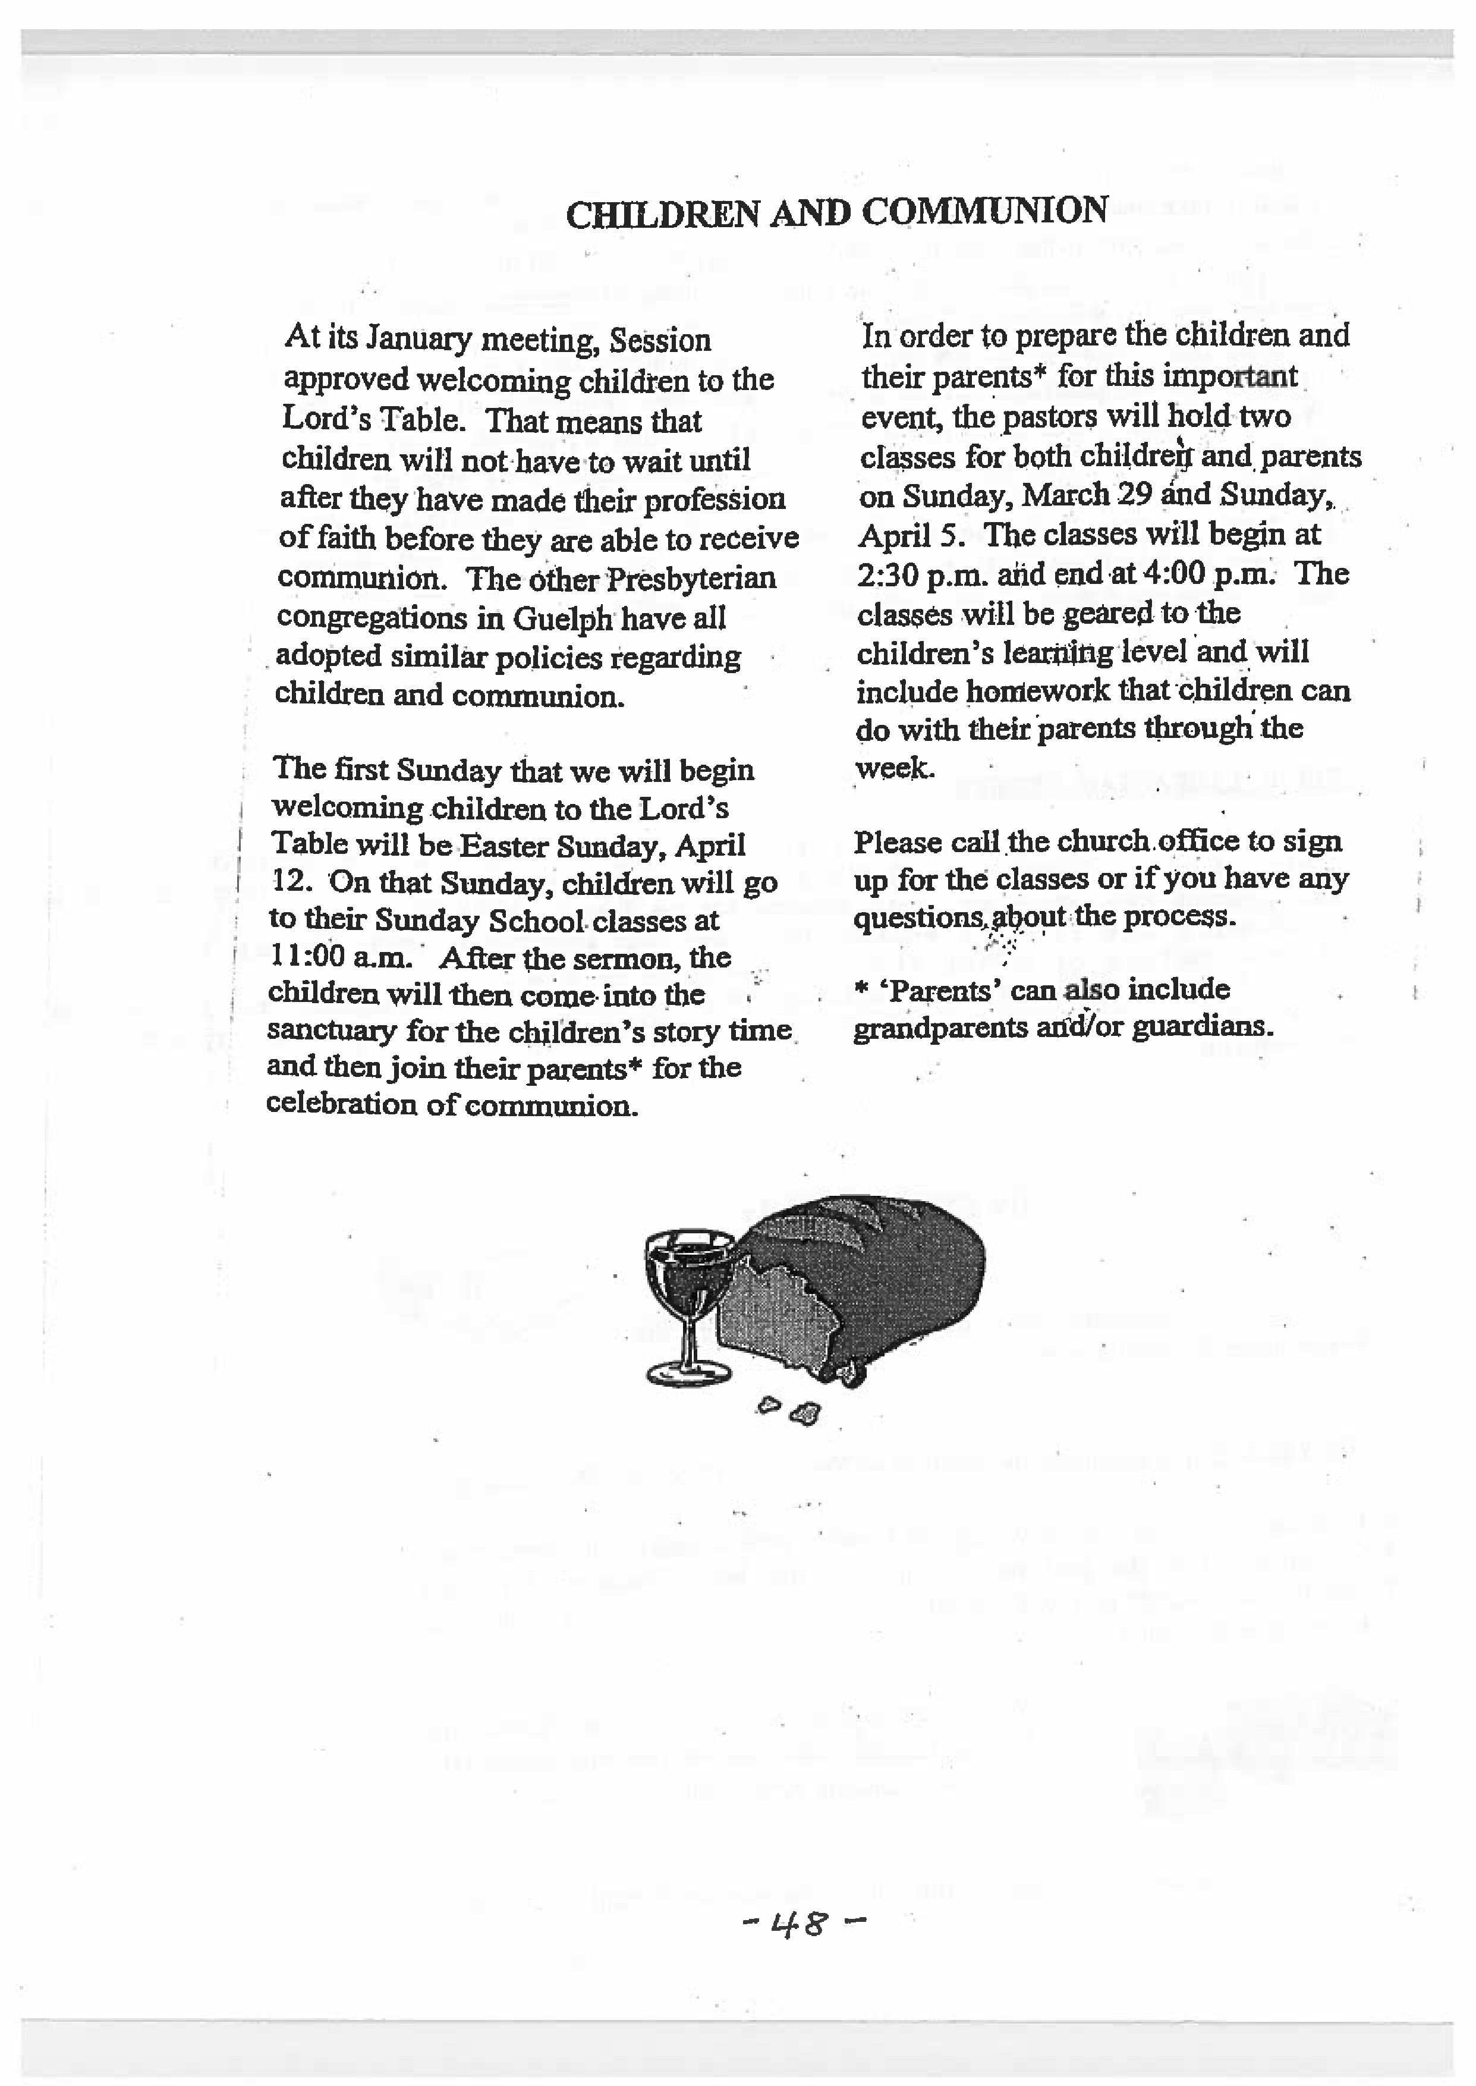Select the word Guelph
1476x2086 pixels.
click(562, 619)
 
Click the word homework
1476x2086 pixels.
click(1037, 692)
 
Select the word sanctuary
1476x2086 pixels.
click(332, 1032)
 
